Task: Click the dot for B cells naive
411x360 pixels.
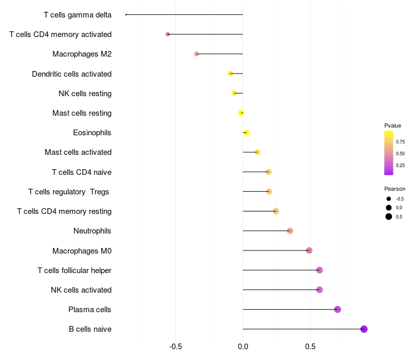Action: (364, 329)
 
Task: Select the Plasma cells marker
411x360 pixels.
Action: (338, 309)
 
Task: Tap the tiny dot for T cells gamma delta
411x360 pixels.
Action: (126, 14)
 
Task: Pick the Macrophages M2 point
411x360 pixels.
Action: (196, 54)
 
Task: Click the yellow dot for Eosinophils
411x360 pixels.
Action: (246, 133)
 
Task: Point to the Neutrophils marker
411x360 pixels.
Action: (290, 231)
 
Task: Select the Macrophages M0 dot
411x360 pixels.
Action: (309, 250)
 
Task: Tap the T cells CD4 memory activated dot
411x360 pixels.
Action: (167, 34)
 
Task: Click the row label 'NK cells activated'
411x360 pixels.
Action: (81, 290)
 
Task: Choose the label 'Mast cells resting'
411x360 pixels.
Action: (82, 113)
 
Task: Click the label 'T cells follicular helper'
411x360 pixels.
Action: (74, 271)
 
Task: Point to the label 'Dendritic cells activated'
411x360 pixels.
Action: (71, 74)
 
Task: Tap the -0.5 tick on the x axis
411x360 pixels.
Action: (176, 347)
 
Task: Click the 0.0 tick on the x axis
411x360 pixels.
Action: (243, 347)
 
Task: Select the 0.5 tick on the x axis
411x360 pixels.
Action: (310, 347)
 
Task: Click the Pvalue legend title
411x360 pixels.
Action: (393, 125)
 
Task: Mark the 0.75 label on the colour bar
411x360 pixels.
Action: (400, 142)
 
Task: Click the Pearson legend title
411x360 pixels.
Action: (395, 189)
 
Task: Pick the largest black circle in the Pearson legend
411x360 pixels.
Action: (389, 217)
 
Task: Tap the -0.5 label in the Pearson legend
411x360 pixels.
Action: (400, 199)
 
